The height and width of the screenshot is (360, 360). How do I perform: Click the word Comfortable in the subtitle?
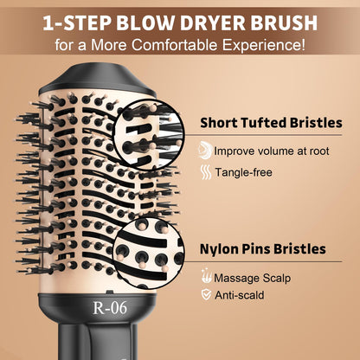[x=175, y=42]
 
